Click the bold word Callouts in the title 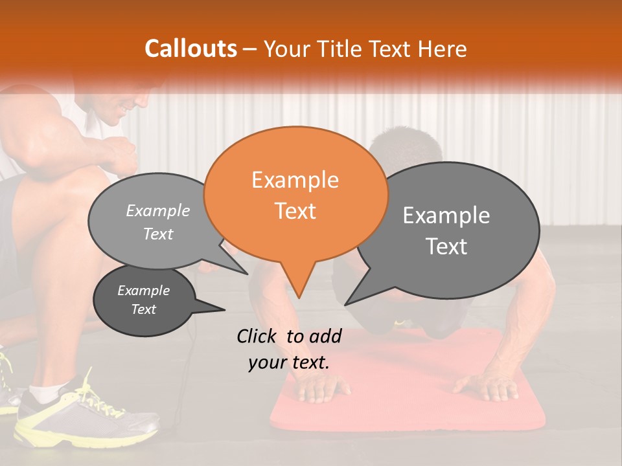point(190,49)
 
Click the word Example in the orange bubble point(295,180)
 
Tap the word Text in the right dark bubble point(446,247)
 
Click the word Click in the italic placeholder point(258,336)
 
